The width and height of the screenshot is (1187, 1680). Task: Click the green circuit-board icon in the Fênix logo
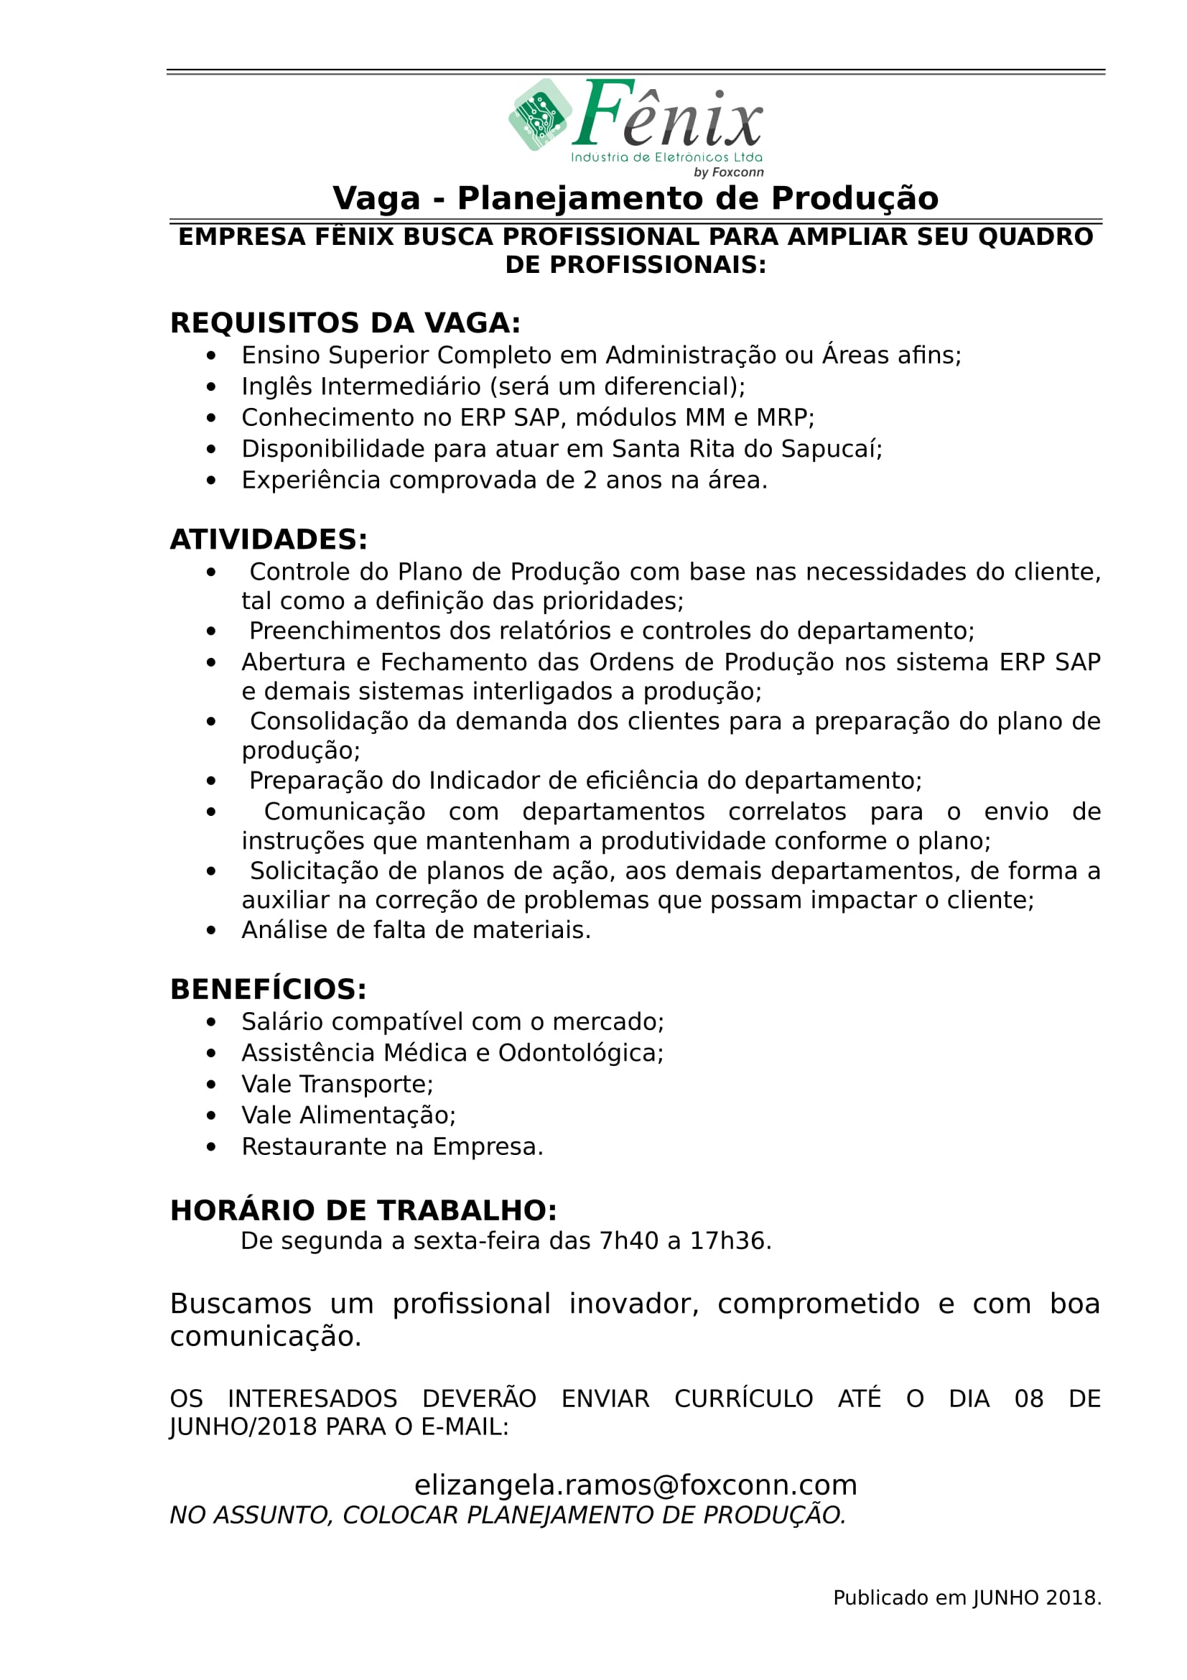pyautogui.click(x=541, y=115)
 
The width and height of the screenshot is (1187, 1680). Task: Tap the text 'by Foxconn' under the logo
pyautogui.click(x=728, y=172)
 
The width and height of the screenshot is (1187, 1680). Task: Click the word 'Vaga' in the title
pyautogui.click(x=376, y=198)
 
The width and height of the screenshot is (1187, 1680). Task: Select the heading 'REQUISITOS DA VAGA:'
pyautogui.click(x=345, y=323)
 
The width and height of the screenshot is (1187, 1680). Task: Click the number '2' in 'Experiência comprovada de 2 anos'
pyautogui.click(x=590, y=480)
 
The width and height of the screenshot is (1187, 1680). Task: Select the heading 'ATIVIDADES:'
pyautogui.click(x=269, y=539)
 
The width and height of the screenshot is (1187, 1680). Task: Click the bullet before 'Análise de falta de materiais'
pyautogui.click(x=211, y=931)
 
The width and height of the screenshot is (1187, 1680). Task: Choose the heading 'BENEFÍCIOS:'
pyautogui.click(x=269, y=989)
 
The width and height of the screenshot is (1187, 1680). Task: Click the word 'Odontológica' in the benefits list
pyautogui.click(x=579, y=1053)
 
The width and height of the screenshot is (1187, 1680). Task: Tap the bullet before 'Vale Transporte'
pyautogui.click(x=211, y=1085)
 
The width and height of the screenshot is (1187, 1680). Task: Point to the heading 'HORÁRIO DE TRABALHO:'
pyautogui.click(x=363, y=1210)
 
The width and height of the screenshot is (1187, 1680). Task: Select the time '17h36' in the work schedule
pyautogui.click(x=727, y=1241)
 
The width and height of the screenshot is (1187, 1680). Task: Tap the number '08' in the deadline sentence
pyautogui.click(x=1028, y=1399)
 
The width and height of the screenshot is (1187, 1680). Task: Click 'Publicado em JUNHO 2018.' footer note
pyautogui.click(x=967, y=1598)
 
